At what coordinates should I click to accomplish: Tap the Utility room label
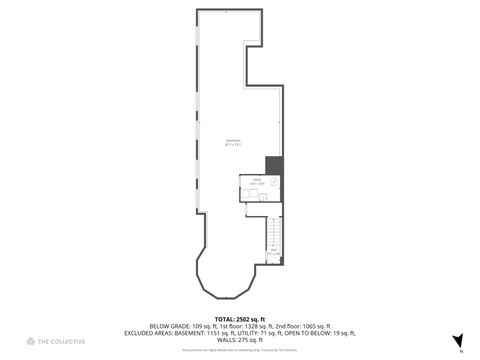[x=257, y=181]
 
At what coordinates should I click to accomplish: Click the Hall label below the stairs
[x=273, y=251]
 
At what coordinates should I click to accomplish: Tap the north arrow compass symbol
[x=458, y=340]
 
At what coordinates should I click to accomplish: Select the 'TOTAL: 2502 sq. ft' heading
[x=240, y=319]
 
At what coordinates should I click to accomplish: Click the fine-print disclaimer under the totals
[x=240, y=349]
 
